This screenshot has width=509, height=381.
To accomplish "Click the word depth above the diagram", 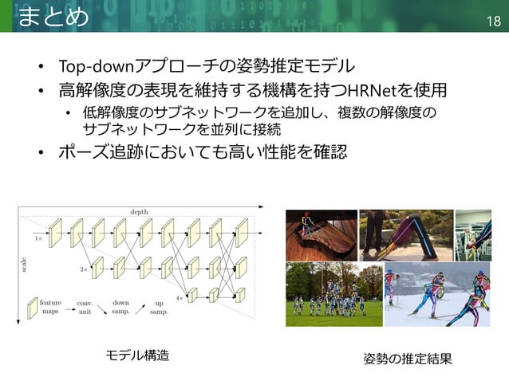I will point(140,210).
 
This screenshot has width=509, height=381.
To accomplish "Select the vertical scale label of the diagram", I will point(23,266).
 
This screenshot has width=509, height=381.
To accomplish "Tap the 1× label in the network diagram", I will point(38,238).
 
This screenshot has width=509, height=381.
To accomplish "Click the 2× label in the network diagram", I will point(83,270).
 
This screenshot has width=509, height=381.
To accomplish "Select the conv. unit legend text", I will point(84,307).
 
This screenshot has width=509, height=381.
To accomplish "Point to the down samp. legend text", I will point(121,307).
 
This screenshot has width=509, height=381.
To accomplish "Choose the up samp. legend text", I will point(159,307).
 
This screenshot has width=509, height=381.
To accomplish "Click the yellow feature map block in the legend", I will point(32,307).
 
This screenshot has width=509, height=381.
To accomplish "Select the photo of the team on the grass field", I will point(333,295).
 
